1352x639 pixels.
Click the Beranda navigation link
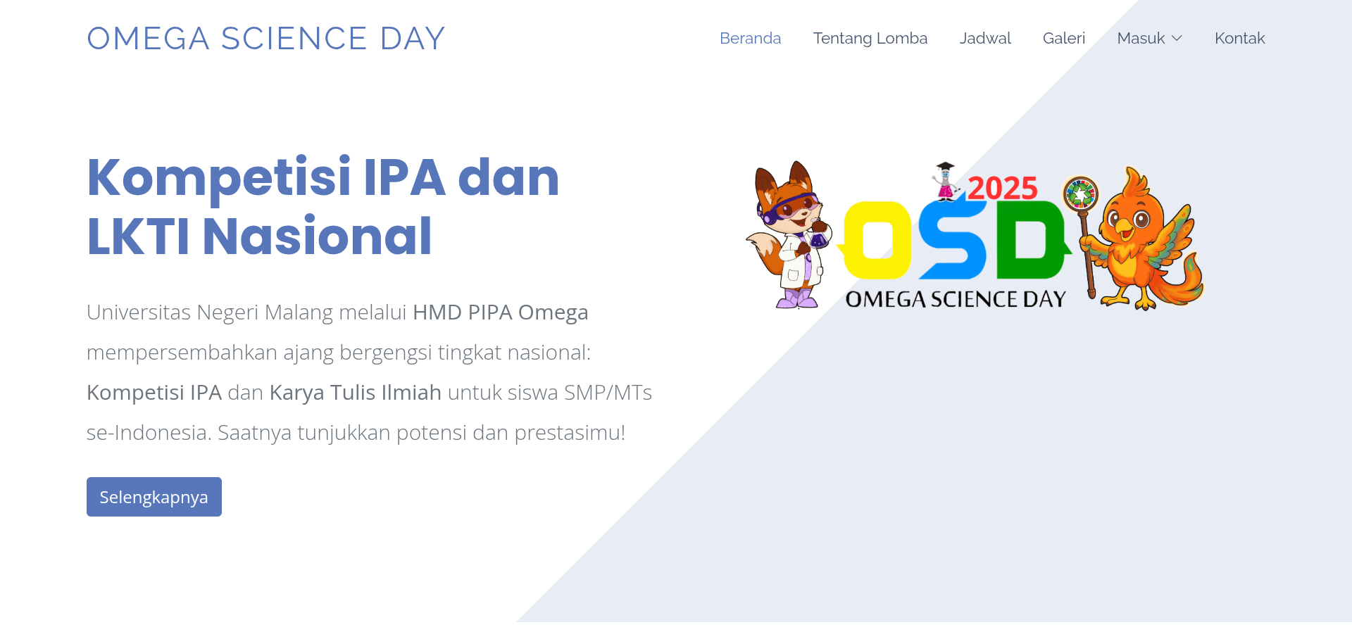click(x=750, y=38)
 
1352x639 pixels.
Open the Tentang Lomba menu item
click(x=870, y=38)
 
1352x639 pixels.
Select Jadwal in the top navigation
click(x=984, y=38)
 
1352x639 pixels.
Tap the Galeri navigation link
click(x=1063, y=38)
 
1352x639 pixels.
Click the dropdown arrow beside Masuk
click(x=1177, y=39)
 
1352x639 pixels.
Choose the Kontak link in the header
click(x=1239, y=38)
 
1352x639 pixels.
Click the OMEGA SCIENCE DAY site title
click(x=265, y=39)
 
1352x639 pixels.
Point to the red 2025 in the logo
click(x=1002, y=188)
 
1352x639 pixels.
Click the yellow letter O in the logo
click(x=876, y=240)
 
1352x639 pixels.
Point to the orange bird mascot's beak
click(x=1124, y=227)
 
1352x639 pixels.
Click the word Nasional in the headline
click(x=317, y=236)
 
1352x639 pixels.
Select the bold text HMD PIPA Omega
click(x=500, y=312)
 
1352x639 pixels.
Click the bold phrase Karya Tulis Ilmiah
click(x=355, y=392)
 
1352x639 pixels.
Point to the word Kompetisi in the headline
click(x=218, y=177)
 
